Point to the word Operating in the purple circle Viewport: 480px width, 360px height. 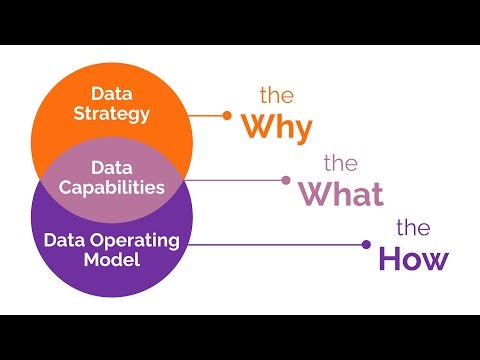pyautogui.click(x=141, y=240)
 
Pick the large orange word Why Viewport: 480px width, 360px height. pyautogui.click(x=275, y=127)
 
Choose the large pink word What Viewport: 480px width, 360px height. pyautogui.click(x=342, y=192)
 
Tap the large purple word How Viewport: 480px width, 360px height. pyautogui.click(x=413, y=258)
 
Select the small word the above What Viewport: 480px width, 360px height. pyautogui.click(x=341, y=163)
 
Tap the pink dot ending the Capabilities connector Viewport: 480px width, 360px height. pyautogui.click(x=286, y=180)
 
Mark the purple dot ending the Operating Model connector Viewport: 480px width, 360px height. pyautogui.click(x=366, y=244)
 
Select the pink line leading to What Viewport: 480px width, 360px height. pyautogui.click(x=240, y=180)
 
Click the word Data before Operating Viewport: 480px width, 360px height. pyautogui.click(x=64, y=240)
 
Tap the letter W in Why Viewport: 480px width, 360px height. pyautogui.click(x=255, y=128)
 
